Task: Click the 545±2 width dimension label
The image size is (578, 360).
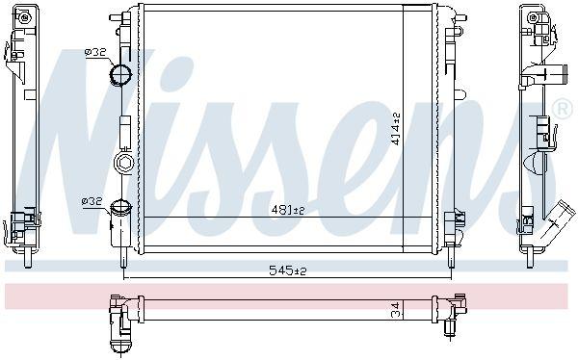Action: click(x=288, y=270)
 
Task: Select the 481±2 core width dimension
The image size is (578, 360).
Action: click(x=288, y=210)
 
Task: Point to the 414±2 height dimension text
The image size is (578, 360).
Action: click(x=396, y=129)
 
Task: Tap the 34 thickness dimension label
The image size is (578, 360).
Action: click(x=396, y=310)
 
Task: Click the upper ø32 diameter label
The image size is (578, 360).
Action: click(x=95, y=52)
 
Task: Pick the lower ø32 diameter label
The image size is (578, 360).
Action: click(x=92, y=201)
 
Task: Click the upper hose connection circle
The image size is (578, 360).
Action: click(x=120, y=74)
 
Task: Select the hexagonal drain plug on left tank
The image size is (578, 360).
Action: click(x=123, y=162)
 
